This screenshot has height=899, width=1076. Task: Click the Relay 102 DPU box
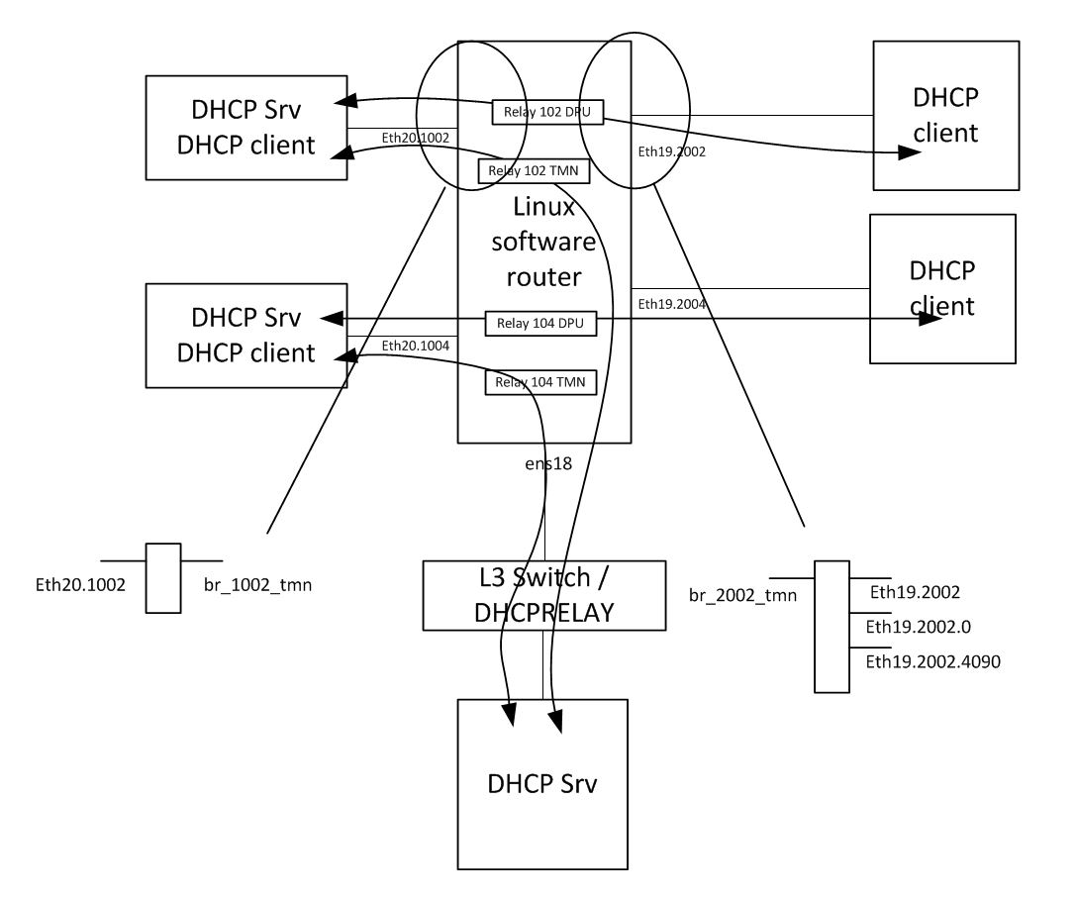pyautogui.click(x=547, y=112)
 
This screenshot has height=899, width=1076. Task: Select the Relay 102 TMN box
pyautogui.click(x=535, y=171)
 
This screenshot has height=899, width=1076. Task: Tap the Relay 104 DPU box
pyautogui.click(x=541, y=324)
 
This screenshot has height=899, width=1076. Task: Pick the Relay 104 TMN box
pyautogui.click(x=541, y=382)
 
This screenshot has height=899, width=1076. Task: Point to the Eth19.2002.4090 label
pyautogui.click(x=933, y=661)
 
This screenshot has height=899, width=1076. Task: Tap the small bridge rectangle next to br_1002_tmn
pyautogui.click(x=163, y=578)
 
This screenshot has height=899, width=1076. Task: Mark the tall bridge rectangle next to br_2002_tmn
pyautogui.click(x=827, y=626)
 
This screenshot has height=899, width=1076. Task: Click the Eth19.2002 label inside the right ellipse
pyautogui.click(x=673, y=153)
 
